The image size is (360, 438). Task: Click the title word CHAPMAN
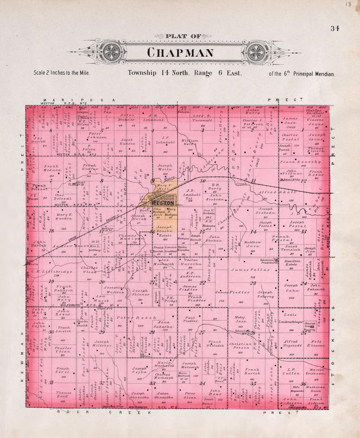pyautogui.click(x=180, y=53)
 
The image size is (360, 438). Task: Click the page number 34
pyautogui.click(x=334, y=28)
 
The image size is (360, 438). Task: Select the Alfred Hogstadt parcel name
pyautogui.click(x=290, y=343)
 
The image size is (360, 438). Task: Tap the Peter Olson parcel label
pyautogui.click(x=190, y=395)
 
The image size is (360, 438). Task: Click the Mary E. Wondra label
pyautogui.click(x=64, y=217)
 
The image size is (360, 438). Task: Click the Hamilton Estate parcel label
pyautogui.click(x=291, y=262)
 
